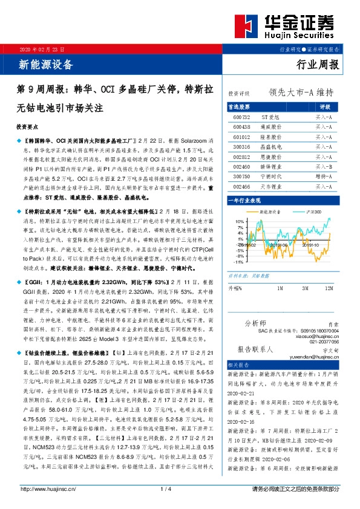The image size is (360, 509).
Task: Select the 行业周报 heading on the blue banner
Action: point(318,65)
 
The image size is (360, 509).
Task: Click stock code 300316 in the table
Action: point(241,147)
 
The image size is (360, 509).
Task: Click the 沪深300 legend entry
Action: point(313,212)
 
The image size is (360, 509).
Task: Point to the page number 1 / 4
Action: point(180,490)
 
